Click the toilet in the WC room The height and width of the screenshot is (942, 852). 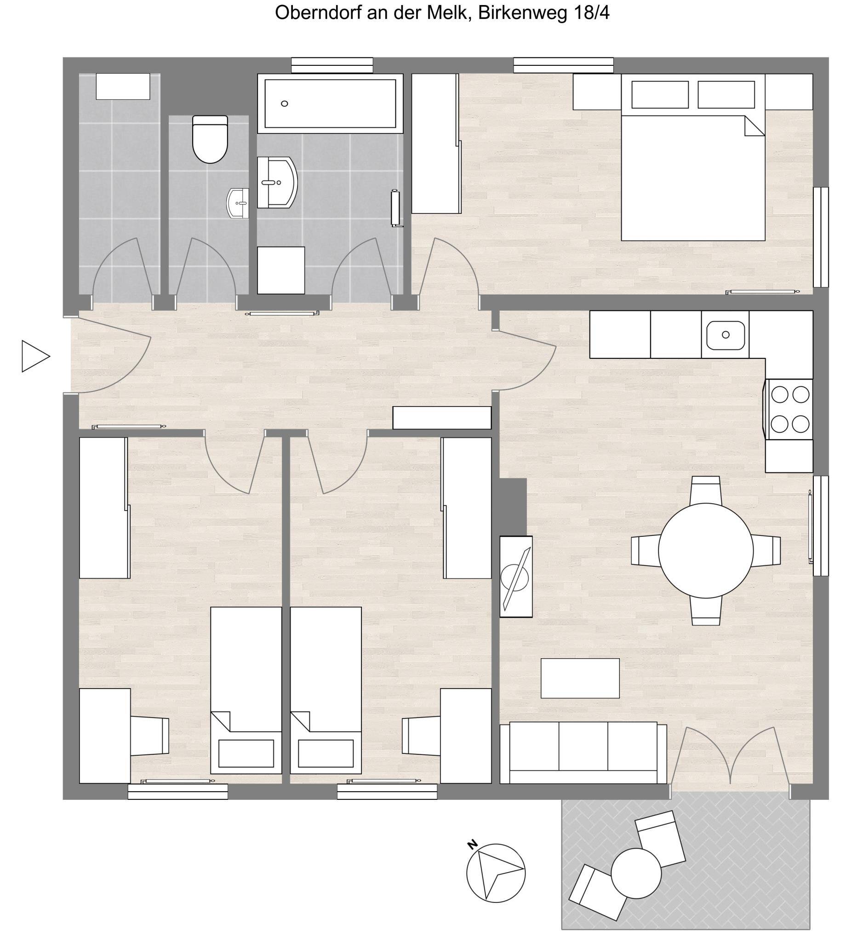coord(210,139)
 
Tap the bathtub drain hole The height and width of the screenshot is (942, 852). coord(284,104)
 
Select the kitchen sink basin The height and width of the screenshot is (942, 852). coord(725,334)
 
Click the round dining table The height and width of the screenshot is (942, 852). coord(705,550)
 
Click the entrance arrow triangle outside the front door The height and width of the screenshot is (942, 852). coord(35,356)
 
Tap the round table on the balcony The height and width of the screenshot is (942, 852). coord(636,873)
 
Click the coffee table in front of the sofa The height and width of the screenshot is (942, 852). coord(580,678)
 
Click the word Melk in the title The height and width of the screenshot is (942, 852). coord(446,13)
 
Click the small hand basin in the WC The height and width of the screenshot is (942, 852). coord(238,203)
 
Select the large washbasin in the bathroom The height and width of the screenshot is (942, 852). coord(277,182)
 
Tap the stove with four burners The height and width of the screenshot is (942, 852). coord(789,409)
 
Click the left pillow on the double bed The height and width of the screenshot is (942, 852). coord(659,95)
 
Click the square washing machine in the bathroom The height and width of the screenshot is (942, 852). coord(281,270)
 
